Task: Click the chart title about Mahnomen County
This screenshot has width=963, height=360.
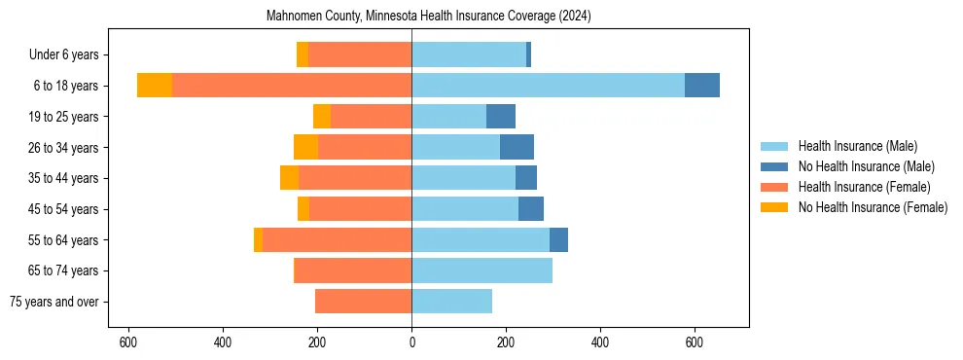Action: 429,17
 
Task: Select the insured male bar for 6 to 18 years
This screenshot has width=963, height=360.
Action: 548,86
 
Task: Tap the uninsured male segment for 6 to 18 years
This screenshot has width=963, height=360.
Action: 702,86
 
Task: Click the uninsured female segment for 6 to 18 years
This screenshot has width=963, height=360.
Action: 155,86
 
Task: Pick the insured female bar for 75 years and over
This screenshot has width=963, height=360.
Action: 363,302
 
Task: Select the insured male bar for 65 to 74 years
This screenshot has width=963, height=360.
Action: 481,270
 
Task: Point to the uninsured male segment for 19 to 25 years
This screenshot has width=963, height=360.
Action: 501,117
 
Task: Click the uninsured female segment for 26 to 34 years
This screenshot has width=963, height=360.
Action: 305,147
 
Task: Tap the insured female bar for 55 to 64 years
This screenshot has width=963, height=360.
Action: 337,239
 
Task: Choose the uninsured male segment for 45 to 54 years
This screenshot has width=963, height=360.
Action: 531,209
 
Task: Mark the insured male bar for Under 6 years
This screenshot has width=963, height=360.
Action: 469,54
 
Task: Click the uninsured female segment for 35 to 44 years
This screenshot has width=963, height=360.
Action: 289,178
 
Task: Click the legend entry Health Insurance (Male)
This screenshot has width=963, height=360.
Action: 857,146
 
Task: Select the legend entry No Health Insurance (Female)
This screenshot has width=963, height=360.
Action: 873,207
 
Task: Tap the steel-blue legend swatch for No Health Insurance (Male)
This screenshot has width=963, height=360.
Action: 774,166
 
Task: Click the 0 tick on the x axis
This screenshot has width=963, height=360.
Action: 411,343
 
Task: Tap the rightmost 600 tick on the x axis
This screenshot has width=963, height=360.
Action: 694,343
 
